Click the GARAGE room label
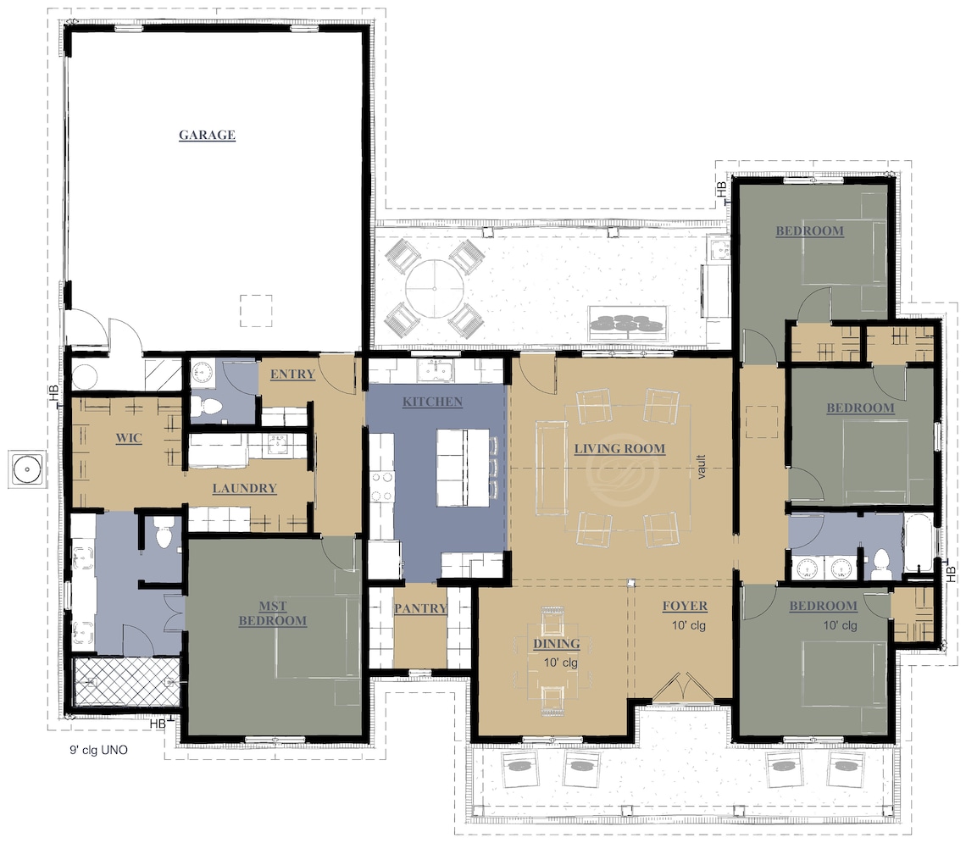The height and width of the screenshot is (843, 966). [207, 135]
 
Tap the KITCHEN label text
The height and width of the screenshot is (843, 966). [432, 402]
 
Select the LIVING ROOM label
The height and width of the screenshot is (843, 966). [619, 448]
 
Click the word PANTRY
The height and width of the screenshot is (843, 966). [420, 608]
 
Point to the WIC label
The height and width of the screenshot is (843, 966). [128, 439]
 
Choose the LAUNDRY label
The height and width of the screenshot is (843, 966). [244, 488]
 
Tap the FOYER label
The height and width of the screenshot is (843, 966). [684, 606]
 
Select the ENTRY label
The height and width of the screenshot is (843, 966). [292, 374]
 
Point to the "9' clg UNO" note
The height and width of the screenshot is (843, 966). [98, 750]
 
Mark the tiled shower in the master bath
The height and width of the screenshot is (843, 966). [125, 681]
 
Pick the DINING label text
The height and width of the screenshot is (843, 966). [556, 644]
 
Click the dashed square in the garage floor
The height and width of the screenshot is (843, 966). [256, 311]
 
